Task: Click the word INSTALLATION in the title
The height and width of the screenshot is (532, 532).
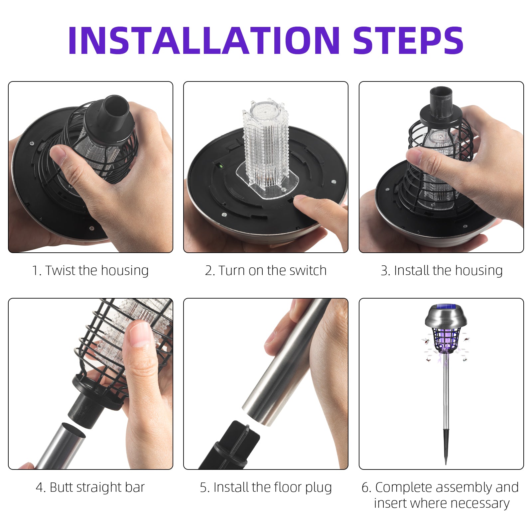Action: tap(204, 40)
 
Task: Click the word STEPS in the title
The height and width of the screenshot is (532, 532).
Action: tap(408, 40)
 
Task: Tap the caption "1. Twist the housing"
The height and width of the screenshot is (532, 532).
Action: tap(90, 271)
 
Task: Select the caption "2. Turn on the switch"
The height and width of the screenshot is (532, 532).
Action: tap(266, 271)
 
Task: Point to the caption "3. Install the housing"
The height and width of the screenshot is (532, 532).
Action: tap(442, 271)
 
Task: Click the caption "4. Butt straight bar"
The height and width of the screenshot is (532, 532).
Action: tap(90, 487)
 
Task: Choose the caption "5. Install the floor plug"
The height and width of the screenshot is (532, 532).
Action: tap(266, 488)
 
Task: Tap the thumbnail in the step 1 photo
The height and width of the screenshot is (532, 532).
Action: tap(57, 153)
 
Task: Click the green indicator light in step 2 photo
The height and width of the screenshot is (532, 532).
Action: tap(220, 165)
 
